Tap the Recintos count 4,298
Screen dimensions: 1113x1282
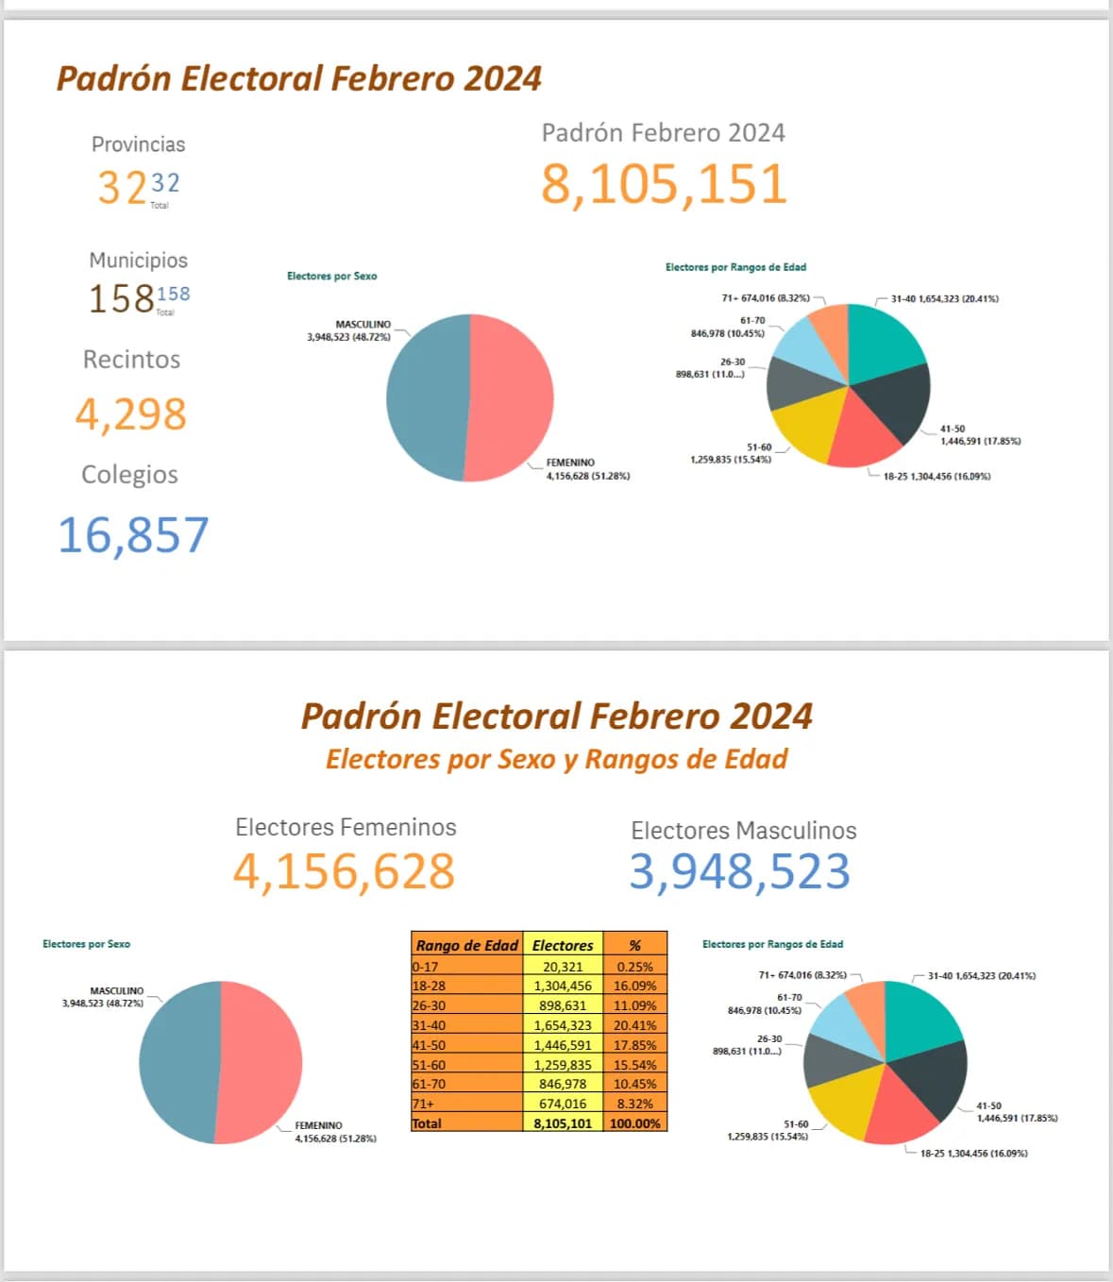coord(131,414)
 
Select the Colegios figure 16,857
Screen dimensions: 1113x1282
coord(133,535)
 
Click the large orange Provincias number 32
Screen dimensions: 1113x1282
coord(122,187)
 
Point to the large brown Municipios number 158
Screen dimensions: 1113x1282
coord(122,298)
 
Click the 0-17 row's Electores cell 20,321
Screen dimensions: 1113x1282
coord(563,966)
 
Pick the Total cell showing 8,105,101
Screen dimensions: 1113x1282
coord(563,1122)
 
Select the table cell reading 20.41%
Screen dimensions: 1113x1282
coord(634,1025)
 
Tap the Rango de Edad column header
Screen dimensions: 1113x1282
coord(467,945)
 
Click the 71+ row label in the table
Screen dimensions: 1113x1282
coord(424,1104)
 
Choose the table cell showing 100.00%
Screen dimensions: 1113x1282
coord(634,1122)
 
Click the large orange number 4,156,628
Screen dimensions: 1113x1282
coord(344,871)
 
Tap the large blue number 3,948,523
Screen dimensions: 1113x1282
coord(740,871)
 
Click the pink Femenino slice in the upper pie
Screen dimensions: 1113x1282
coord(511,397)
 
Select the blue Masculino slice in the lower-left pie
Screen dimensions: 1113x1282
coord(178,1062)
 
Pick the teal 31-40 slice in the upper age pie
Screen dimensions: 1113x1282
coord(884,342)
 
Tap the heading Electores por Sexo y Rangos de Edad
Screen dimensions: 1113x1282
coord(557,759)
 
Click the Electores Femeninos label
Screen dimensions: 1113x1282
coord(346,827)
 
